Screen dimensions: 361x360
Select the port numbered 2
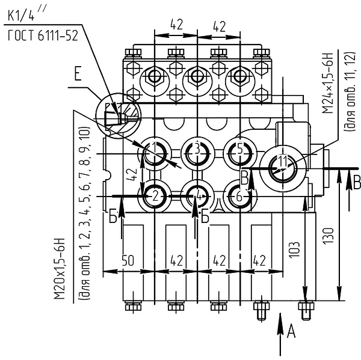click(155, 197)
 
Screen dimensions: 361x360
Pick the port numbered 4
click(197, 197)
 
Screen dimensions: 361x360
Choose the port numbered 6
click(240, 197)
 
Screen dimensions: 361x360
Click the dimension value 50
click(128, 261)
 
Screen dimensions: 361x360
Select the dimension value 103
click(294, 250)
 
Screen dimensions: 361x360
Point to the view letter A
click(291, 332)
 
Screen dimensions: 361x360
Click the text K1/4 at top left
click(21, 16)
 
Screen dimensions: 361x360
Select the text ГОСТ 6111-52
click(43, 35)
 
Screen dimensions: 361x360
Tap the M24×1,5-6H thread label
click(327, 83)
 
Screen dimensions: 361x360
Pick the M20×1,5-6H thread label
click(60, 269)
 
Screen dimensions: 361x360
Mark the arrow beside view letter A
click(280, 334)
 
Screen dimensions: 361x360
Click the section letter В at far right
click(357, 183)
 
